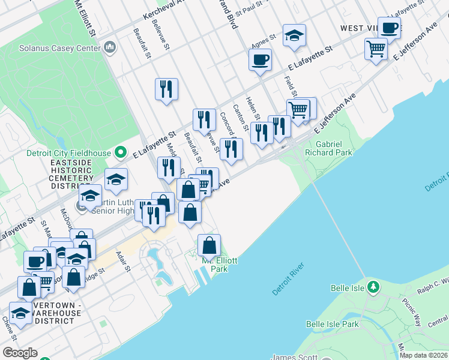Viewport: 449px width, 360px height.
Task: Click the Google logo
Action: click(20, 353)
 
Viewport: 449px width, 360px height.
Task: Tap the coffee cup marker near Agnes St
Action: click(260, 60)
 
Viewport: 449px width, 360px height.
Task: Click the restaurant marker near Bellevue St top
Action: click(166, 89)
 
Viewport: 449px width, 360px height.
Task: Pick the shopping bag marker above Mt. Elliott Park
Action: click(209, 245)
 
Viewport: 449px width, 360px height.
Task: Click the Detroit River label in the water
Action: click(289, 278)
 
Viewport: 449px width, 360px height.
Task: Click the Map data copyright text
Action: click(424, 355)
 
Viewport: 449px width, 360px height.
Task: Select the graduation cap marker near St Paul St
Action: click(294, 35)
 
